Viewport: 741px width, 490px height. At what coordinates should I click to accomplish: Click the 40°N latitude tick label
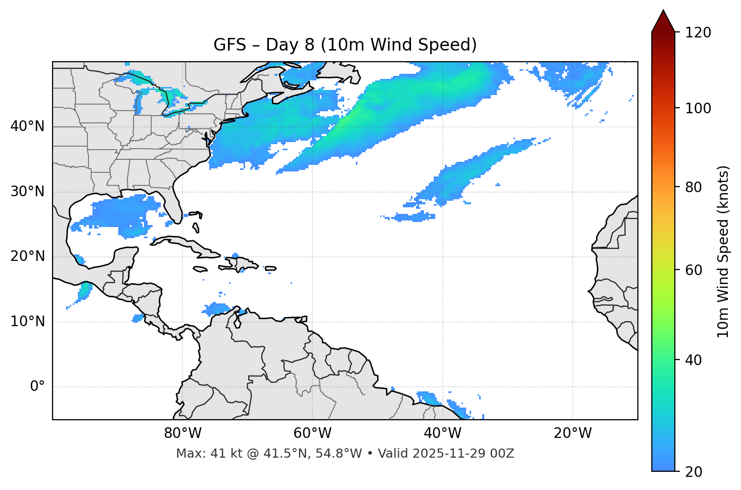pos(27,126)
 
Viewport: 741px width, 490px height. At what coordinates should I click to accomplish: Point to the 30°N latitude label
pos(27,192)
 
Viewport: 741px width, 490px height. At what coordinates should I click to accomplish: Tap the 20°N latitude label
pos(27,257)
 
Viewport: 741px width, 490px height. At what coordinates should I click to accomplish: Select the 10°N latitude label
pos(27,322)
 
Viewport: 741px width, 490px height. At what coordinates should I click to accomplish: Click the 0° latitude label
pos(37,387)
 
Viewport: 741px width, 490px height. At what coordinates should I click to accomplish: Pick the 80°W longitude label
pos(182,433)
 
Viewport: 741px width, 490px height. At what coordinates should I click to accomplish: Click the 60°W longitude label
pos(312,433)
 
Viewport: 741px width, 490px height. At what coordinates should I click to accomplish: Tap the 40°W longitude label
pos(442,433)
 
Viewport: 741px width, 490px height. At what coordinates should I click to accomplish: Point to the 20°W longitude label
pos(572,433)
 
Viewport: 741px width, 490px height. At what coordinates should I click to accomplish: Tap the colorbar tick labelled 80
pos(692,187)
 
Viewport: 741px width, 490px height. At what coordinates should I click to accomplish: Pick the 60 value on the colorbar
pos(692,270)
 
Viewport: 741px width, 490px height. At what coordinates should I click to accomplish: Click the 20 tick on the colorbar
pos(692,472)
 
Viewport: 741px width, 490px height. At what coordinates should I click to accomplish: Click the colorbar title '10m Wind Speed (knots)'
pos(723,251)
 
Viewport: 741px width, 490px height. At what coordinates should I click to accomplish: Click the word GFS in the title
pos(230,45)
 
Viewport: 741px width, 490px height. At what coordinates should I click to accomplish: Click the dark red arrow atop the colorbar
pos(663,22)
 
